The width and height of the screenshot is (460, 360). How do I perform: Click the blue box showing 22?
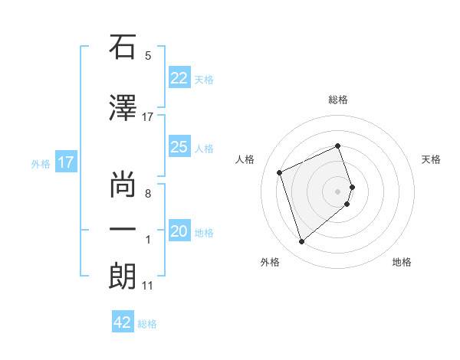[179, 78]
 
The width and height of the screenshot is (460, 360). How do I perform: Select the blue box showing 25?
[179, 147]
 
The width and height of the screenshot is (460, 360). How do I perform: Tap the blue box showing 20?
[179, 231]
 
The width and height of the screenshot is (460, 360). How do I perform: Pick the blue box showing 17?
[66, 162]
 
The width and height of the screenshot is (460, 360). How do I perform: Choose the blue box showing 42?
[123, 322]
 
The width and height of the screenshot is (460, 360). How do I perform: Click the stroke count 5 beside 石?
[148, 56]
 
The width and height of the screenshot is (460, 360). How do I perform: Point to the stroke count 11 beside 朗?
[147, 286]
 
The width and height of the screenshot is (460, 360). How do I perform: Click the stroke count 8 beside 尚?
[148, 193]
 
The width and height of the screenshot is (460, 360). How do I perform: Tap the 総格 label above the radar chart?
[338, 100]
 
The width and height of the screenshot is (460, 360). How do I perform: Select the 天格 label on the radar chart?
[432, 159]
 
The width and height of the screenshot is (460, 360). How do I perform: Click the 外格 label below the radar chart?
[270, 263]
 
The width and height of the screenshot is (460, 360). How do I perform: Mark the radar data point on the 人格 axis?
[281, 172]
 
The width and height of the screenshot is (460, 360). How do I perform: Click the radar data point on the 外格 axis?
[302, 242]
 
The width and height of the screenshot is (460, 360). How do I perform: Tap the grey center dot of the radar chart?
[338, 191]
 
